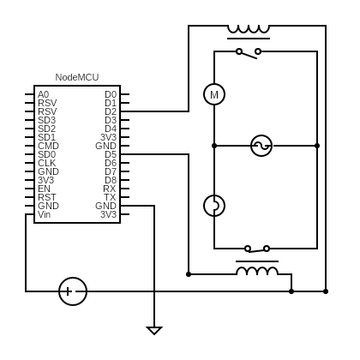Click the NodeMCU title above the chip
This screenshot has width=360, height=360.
click(77, 77)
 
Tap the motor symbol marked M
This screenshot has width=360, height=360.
click(214, 94)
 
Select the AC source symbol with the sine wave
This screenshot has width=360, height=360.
click(261, 146)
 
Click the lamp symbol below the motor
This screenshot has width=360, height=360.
click(214, 206)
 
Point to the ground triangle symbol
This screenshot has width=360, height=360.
click(154, 331)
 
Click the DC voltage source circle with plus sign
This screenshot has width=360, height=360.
click(73, 291)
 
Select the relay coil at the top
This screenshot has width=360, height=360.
click(249, 32)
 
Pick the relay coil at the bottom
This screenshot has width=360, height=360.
click(257, 267)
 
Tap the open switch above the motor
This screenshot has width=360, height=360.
click(249, 53)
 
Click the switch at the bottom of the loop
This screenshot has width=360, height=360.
click(257, 249)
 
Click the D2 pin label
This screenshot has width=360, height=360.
click(111, 111)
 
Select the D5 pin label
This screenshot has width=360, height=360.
click(111, 154)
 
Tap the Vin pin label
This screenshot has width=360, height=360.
click(44, 214)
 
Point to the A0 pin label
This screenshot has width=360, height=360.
click(44, 94)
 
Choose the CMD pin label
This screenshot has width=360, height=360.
click(48, 146)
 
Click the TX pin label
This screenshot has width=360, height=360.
click(110, 197)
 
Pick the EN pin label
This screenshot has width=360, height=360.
click(44, 189)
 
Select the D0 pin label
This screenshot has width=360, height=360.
click(111, 94)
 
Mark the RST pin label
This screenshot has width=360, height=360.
click(47, 197)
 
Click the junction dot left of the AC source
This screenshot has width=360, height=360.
click(214, 146)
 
